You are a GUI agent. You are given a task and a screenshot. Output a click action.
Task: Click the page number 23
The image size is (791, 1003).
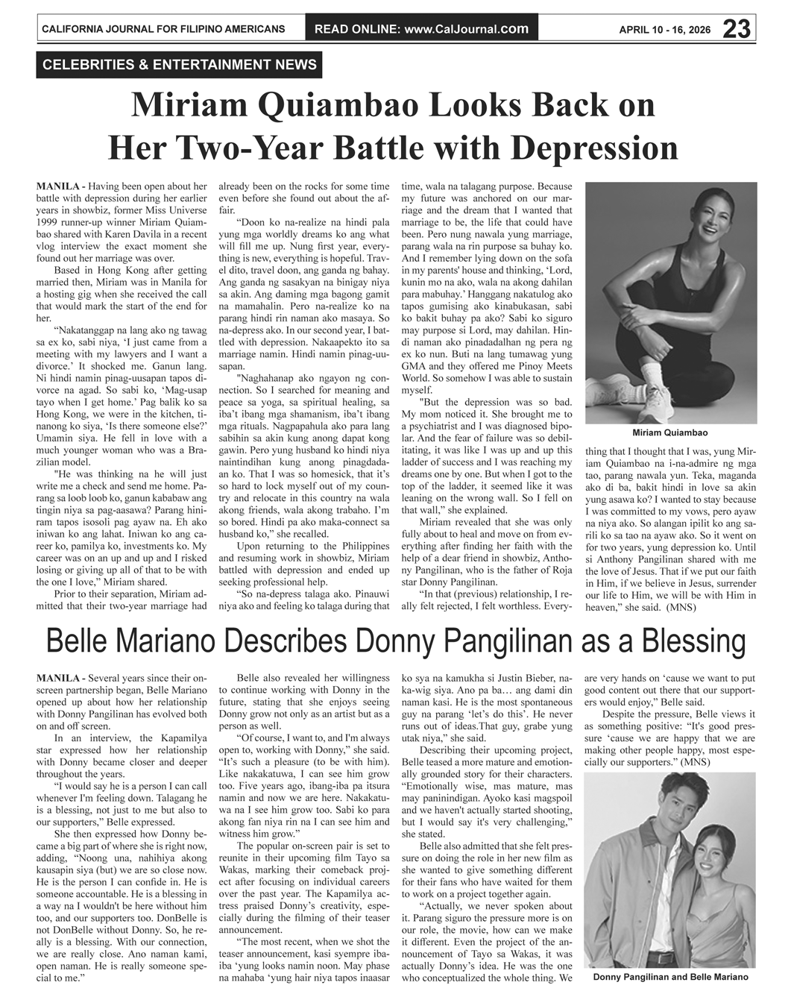coord(736,29)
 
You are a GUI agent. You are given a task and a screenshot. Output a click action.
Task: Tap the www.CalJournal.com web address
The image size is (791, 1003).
coord(467,30)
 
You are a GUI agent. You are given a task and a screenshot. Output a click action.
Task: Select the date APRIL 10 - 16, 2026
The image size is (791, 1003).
coord(665,31)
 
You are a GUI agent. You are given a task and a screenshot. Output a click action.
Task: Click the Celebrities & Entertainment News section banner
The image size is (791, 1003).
coord(180,65)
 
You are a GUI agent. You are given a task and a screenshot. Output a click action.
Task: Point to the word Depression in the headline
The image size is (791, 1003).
coord(580,147)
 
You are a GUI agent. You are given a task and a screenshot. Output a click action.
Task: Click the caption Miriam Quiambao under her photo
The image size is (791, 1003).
coord(669,433)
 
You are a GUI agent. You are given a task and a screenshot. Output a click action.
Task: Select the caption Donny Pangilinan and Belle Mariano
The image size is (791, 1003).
coord(670,977)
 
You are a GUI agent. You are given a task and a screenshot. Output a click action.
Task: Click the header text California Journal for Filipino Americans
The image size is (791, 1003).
coord(163,30)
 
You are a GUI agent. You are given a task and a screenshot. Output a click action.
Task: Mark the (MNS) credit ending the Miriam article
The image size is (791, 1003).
coord(681,607)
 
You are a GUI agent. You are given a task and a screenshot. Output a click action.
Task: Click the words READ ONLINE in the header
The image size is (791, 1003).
coord(357,30)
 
